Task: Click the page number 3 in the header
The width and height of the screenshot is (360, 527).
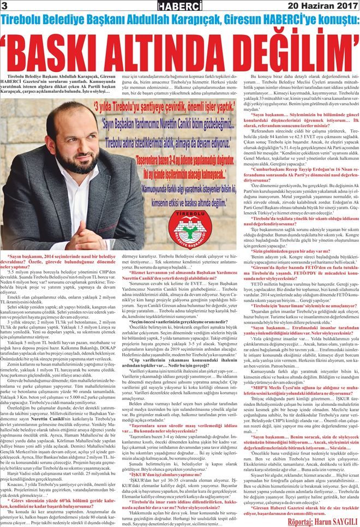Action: click(x=4, y=6)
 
